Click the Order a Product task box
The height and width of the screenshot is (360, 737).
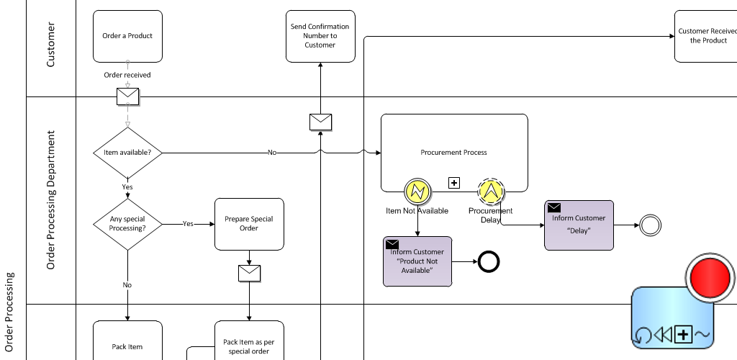click(x=127, y=36)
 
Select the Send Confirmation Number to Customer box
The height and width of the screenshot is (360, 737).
click(x=320, y=36)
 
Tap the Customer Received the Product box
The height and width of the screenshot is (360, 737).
click(x=705, y=36)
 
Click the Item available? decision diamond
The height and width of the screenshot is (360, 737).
click(x=127, y=153)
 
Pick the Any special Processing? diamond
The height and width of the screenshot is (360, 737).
click(x=127, y=224)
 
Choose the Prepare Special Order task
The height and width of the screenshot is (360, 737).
click(x=249, y=224)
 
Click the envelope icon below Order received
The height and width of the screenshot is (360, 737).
click(x=127, y=96)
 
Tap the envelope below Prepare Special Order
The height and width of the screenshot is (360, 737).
click(x=249, y=273)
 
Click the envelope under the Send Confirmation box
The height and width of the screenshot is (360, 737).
click(x=320, y=122)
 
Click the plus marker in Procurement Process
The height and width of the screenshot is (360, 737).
click(x=454, y=183)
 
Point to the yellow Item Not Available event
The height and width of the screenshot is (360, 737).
click(x=417, y=192)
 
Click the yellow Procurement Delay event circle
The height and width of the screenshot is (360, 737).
click(x=492, y=192)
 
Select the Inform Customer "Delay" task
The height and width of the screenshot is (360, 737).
click(x=579, y=225)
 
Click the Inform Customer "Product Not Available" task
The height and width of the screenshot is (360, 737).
click(x=417, y=261)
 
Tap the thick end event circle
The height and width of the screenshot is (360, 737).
click(x=489, y=262)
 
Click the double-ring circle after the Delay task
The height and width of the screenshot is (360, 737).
click(x=650, y=225)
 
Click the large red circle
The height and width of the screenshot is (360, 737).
click(x=710, y=276)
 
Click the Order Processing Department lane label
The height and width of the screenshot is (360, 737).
click(x=51, y=200)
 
